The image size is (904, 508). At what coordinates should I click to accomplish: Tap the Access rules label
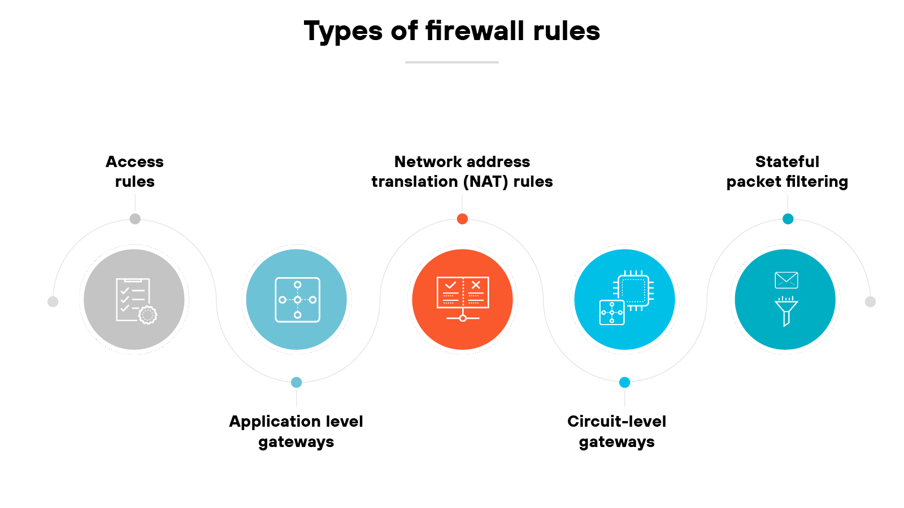click(134, 172)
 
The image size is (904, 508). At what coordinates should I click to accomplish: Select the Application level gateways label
click(296, 431)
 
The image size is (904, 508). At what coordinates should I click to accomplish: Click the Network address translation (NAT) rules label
click(462, 172)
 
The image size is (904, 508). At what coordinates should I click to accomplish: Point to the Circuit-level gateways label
click(616, 431)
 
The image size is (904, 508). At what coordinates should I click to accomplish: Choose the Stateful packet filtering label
click(787, 172)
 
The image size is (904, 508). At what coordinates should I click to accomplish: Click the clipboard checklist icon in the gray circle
click(133, 299)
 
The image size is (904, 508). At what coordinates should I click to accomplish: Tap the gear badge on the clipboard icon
click(148, 314)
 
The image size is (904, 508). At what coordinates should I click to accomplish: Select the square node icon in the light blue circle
click(297, 300)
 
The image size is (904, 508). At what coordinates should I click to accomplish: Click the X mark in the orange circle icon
click(476, 285)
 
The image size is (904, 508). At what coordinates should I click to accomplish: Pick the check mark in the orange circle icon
click(450, 285)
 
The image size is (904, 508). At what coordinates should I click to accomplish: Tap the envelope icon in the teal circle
click(786, 280)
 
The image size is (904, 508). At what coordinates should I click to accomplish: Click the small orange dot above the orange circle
click(462, 219)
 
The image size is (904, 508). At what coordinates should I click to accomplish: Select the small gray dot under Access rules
click(135, 219)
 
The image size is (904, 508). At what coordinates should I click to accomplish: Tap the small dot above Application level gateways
click(296, 382)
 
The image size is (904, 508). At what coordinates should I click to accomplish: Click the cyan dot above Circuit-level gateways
click(624, 382)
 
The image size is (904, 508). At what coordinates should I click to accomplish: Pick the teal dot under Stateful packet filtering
click(788, 219)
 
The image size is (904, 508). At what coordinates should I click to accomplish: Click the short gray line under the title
click(452, 62)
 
